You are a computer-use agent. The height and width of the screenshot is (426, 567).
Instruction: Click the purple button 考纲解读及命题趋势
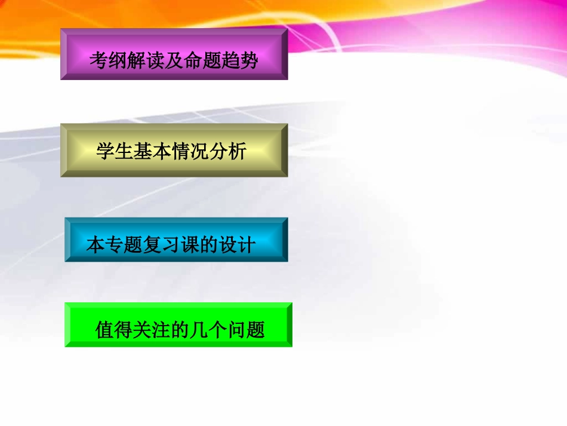click(x=174, y=54)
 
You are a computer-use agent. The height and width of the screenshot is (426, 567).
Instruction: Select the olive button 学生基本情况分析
click(x=174, y=150)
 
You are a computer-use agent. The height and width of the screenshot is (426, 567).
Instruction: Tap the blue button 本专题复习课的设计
click(x=176, y=240)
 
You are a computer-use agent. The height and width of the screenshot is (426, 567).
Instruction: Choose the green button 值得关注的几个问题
click(x=178, y=324)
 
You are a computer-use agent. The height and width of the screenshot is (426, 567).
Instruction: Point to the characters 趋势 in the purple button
click(x=241, y=60)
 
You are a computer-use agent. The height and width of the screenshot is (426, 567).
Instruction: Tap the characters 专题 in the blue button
click(x=124, y=246)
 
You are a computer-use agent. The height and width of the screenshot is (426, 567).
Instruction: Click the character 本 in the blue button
click(x=95, y=246)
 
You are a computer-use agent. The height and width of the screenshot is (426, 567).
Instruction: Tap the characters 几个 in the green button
click(x=209, y=330)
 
